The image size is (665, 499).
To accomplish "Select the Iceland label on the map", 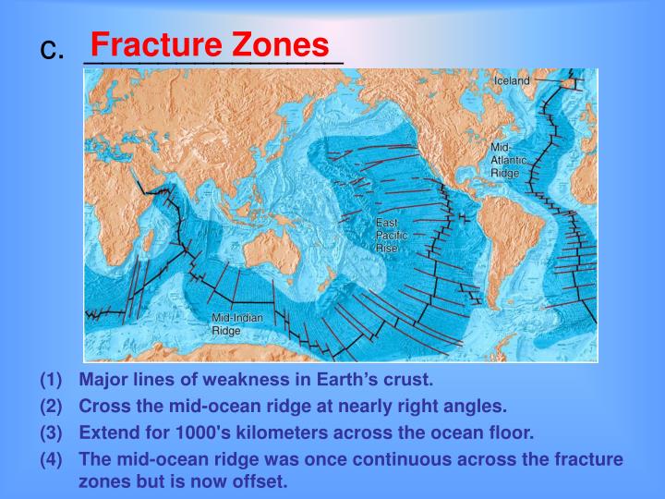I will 512,80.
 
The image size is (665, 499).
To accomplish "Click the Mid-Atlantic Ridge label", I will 509,160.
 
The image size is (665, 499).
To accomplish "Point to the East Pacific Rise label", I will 387,236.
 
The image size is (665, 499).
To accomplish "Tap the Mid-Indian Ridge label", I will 237,323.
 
